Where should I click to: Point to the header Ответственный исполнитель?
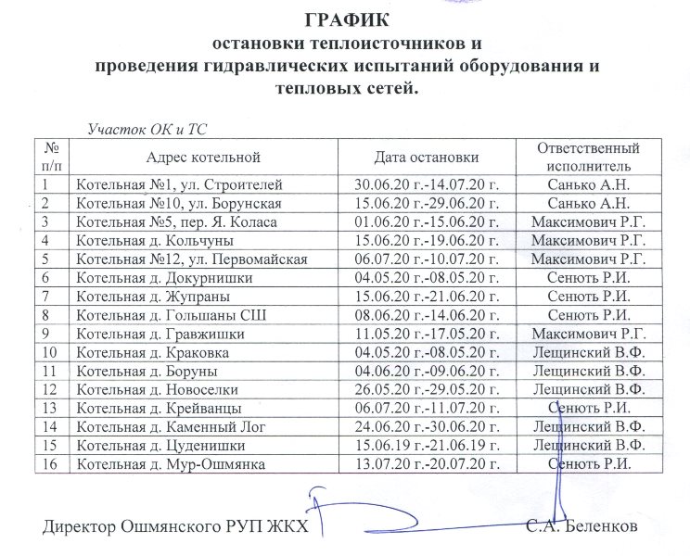pos(589,156)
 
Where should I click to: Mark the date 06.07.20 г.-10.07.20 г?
pos(434,259)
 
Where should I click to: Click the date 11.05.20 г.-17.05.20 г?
pos(434,334)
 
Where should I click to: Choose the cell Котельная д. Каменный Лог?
pos(167,426)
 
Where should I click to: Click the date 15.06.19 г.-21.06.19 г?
pos(434,445)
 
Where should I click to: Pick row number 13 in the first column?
pos(51,408)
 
